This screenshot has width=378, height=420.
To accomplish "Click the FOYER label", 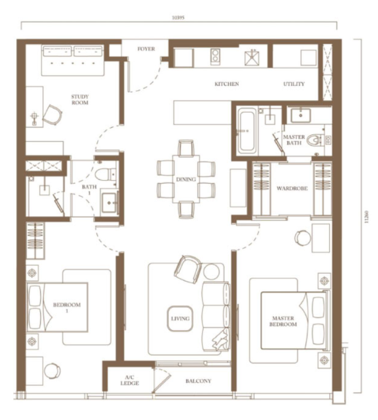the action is [x=146, y=49].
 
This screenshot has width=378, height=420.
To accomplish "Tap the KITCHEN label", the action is [x=227, y=84].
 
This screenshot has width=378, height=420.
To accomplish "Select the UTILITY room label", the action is [x=294, y=84].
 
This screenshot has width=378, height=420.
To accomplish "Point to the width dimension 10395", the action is [x=178, y=18].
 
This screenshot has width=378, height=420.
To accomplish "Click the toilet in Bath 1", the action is [x=105, y=174].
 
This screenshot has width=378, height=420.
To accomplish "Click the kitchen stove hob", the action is [x=215, y=56].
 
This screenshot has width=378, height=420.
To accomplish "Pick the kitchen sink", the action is [x=252, y=58].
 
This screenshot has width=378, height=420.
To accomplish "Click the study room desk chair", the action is [x=52, y=115].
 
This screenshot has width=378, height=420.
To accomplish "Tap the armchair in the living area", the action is [x=187, y=269].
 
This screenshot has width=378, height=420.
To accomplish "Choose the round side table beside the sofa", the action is [x=212, y=272].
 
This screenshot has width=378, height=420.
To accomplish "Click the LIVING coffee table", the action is [x=180, y=319].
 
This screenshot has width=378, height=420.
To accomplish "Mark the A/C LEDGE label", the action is [x=130, y=380].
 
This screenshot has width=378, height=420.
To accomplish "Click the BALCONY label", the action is [x=198, y=381].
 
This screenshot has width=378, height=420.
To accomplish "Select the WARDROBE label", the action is [x=292, y=188].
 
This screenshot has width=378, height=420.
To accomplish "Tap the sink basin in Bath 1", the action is [x=109, y=203].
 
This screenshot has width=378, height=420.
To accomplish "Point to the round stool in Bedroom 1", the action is [x=52, y=371].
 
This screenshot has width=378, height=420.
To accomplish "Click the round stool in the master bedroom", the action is [x=303, y=238].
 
